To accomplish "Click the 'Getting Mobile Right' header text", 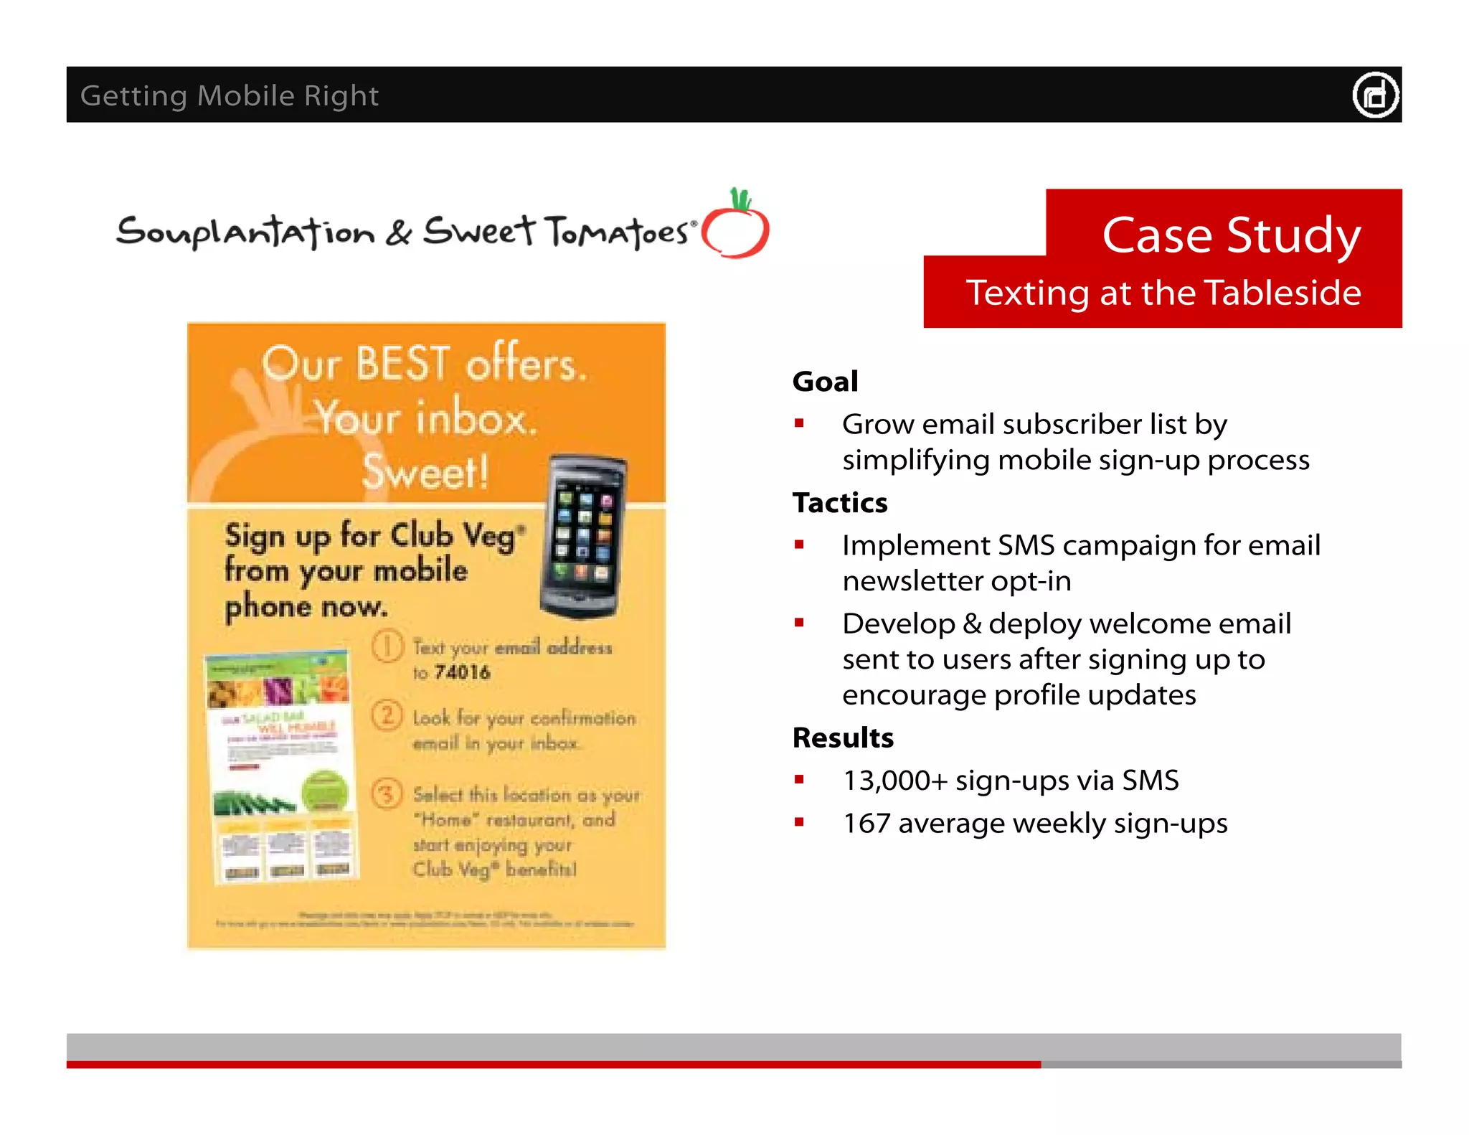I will point(229,95).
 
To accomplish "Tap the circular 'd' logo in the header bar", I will point(1375,95).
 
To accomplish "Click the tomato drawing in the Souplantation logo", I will point(736,227).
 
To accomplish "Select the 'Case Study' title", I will point(1231,235).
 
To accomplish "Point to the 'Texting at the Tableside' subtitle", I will point(1163,293).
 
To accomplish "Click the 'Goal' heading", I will point(825,382).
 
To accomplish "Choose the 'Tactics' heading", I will point(840,503).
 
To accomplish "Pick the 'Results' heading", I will point(843,738).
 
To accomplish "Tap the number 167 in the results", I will point(866,824).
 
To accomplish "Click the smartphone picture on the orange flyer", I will point(582,537).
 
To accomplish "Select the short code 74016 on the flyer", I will point(463,672).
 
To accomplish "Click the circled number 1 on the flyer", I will point(387,646).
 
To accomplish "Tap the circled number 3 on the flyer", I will point(387,794).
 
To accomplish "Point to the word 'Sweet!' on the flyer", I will point(425,471).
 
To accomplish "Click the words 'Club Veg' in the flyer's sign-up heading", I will point(453,536).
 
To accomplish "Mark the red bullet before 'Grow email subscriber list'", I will point(799,424).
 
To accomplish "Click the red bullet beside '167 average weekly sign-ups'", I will point(799,823).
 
